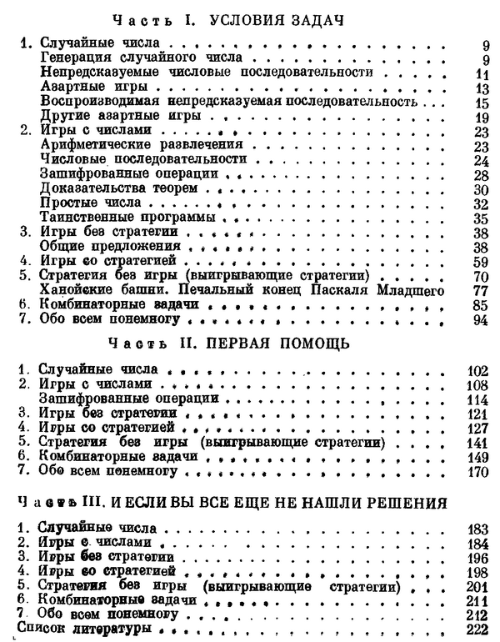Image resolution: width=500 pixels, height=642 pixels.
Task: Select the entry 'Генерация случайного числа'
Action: pyautogui.click(x=141, y=58)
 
